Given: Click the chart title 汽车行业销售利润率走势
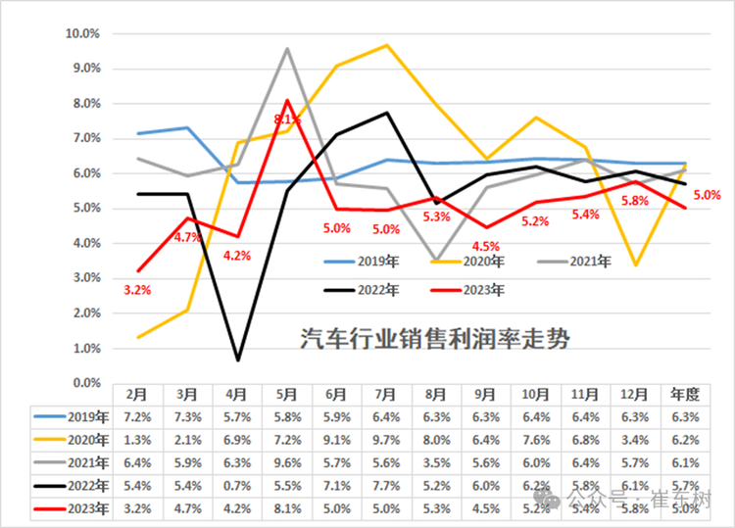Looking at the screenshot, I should point(434,339).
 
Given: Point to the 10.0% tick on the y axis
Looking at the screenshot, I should point(82,33).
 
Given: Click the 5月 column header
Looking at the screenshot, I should point(287,394).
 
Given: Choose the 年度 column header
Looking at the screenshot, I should point(684,394).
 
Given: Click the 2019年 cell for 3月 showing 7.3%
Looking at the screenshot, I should point(188,417).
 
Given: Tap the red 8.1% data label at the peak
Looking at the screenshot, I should point(287,120).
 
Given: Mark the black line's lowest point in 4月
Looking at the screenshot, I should point(238,360).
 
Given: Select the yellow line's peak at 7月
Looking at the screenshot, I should point(387,45).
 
